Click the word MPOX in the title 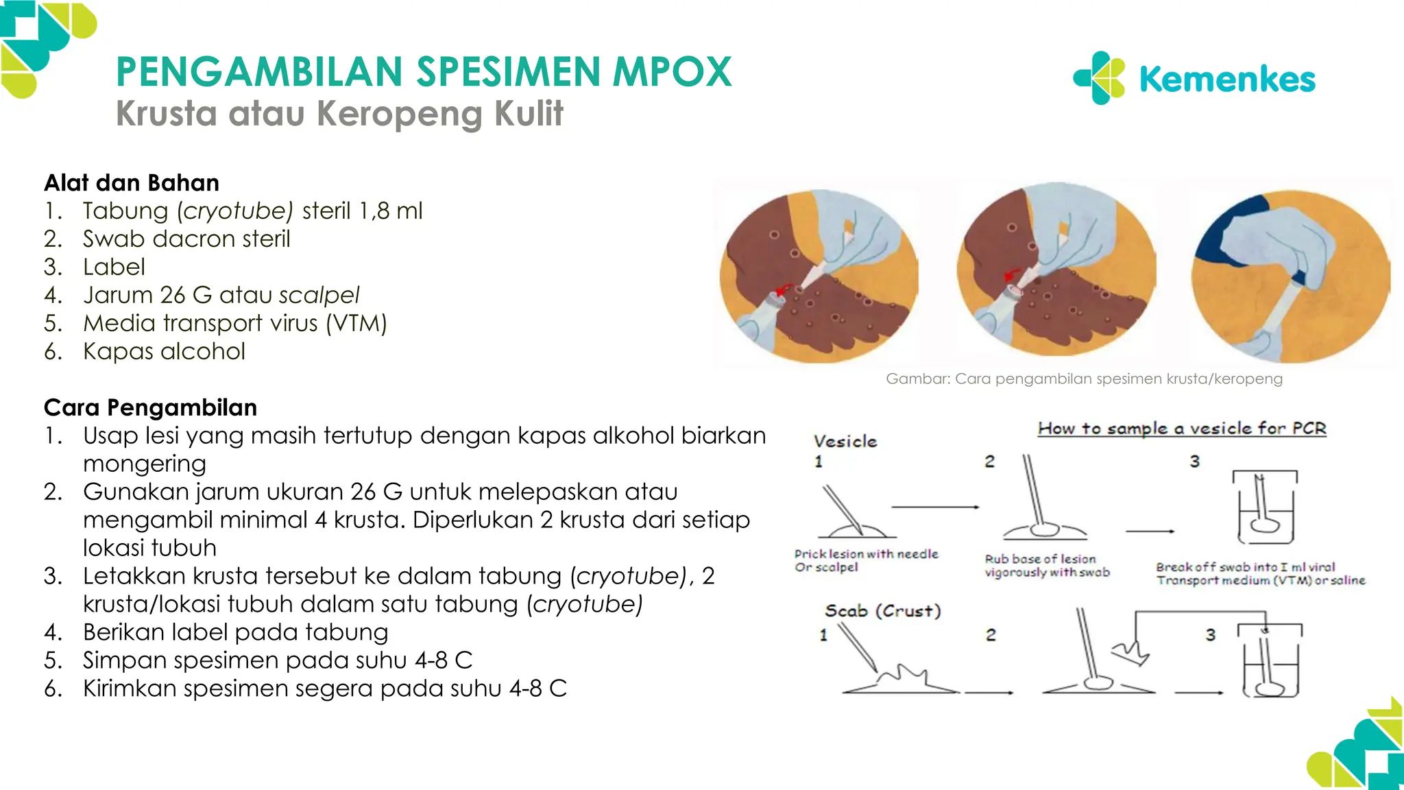pos(672,71)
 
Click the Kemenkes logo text pos(1226,79)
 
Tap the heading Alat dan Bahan pos(132,183)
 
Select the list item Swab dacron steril pos(186,239)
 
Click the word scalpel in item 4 pos(319,295)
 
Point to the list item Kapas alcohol pos(164,351)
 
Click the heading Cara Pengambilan pos(150,407)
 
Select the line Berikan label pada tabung pos(235,632)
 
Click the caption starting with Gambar pos(1084,379)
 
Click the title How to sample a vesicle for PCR pos(1182,429)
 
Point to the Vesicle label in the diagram pos(845,441)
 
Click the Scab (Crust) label pos(883,610)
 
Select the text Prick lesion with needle pos(866,553)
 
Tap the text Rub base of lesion pos(1040,559)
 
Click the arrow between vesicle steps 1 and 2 pos(935,507)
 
